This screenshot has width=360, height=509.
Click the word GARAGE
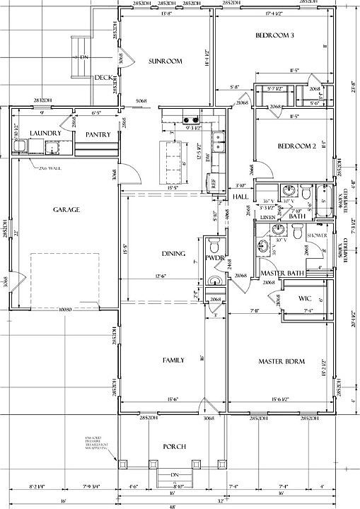(x=66, y=209)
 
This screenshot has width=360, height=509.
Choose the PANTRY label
(x=97, y=134)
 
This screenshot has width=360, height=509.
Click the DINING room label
(x=173, y=254)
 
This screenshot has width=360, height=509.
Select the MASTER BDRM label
(x=281, y=362)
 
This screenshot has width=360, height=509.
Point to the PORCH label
(x=174, y=446)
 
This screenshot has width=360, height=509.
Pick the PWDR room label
(x=214, y=259)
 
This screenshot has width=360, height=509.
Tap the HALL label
(x=240, y=197)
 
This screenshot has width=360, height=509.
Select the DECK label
(x=103, y=78)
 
